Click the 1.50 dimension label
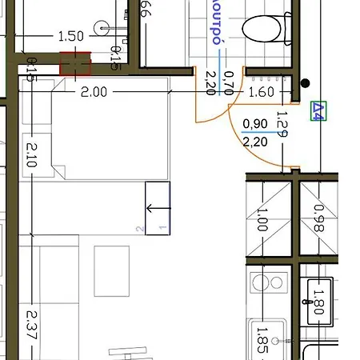71,36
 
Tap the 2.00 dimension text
94,92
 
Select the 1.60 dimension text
262,92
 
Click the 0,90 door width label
255,124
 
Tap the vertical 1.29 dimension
281,126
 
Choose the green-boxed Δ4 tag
318,111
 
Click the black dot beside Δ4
305,82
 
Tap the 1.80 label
319,299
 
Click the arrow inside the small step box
157,210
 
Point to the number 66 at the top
146,9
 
